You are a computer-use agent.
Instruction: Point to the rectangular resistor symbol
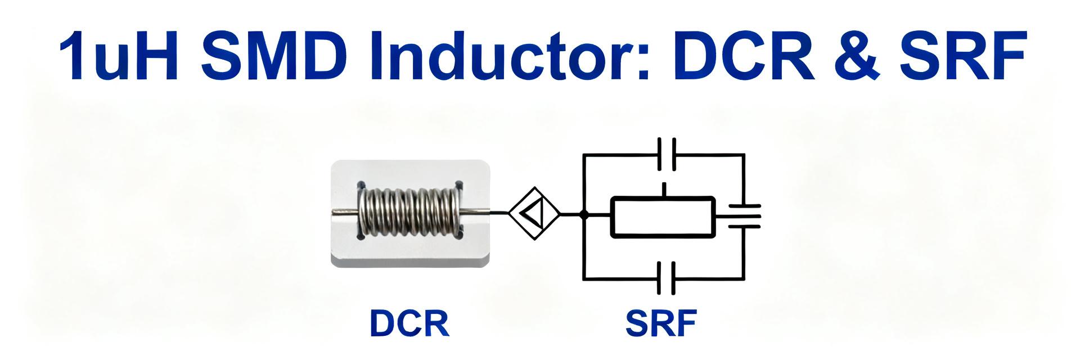coord(663,217)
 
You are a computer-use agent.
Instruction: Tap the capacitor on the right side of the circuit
coord(744,217)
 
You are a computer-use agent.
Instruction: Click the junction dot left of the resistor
coord(584,214)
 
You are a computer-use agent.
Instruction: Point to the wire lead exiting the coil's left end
coord(344,212)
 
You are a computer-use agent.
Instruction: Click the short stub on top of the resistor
coord(665,190)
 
